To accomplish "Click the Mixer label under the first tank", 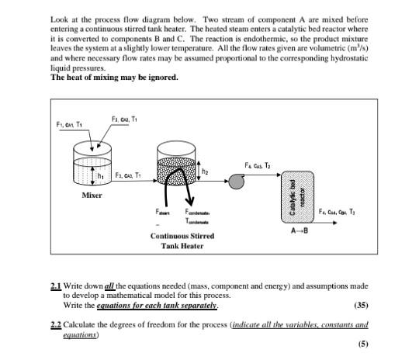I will click(x=92, y=195).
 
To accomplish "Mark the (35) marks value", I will click(x=362, y=305).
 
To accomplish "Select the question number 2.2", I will click(x=55, y=322).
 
